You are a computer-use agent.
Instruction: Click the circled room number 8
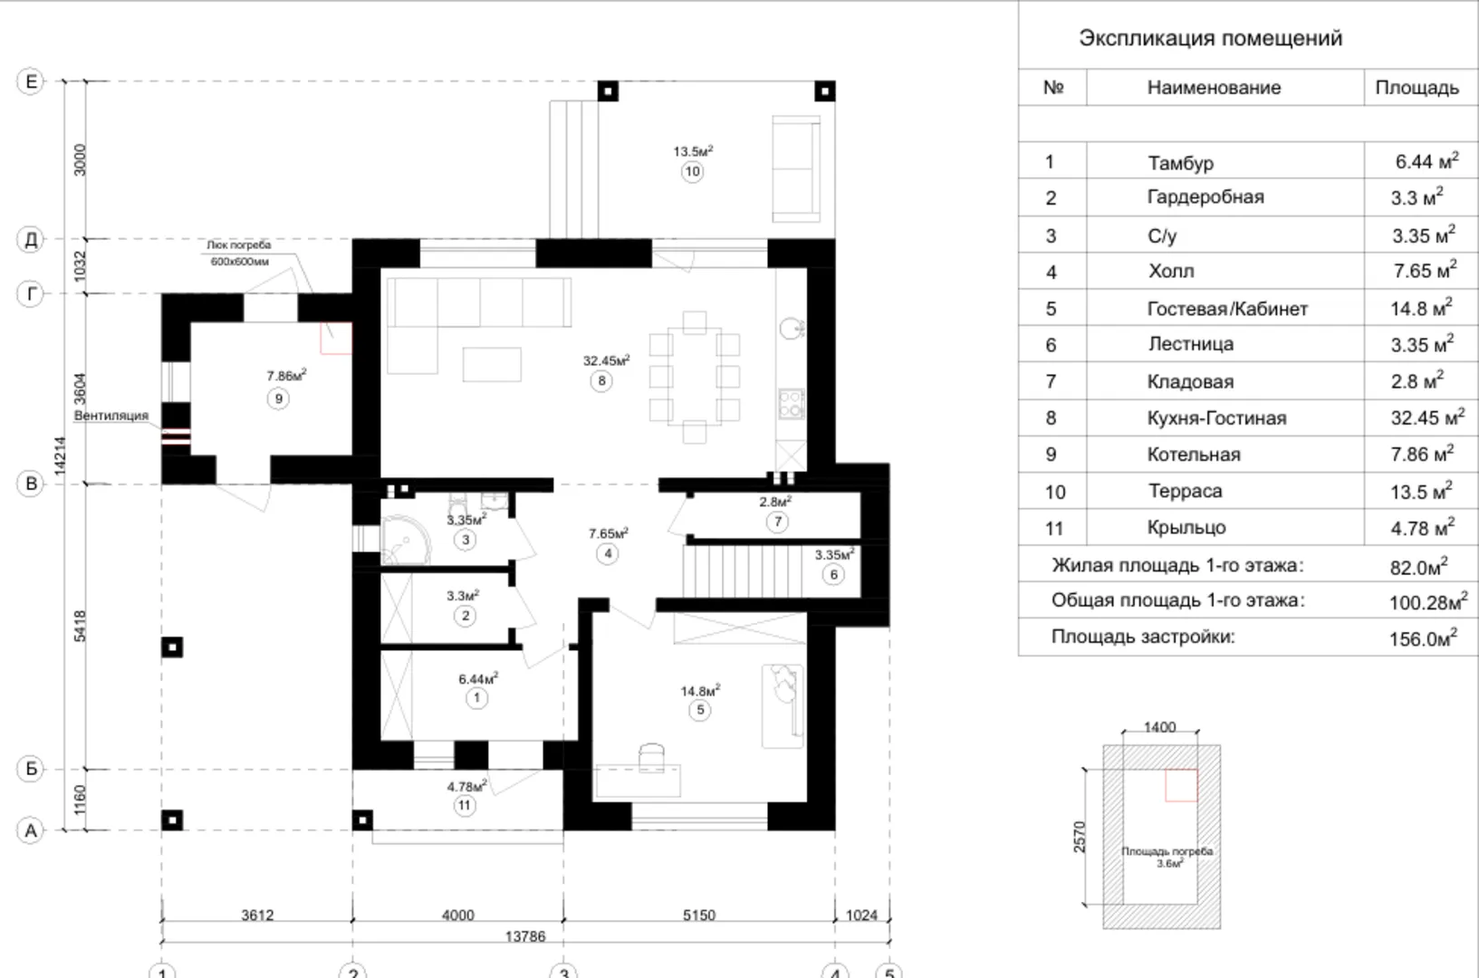pos(600,381)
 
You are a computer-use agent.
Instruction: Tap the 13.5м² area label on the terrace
pos(693,151)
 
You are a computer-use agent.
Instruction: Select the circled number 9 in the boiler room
pos(278,398)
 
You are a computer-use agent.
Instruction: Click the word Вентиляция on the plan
pos(110,416)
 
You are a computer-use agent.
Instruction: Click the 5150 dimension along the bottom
pos(698,916)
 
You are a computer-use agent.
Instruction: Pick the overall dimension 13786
pos(525,936)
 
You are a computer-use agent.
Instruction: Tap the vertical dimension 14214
pos(60,455)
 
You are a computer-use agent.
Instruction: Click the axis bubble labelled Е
pos(31,81)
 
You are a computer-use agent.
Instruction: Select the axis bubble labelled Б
pos(31,769)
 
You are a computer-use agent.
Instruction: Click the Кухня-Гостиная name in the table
pos(1216,418)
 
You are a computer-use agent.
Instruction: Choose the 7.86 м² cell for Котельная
pos(1422,454)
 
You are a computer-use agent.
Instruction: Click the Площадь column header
pos(1417,88)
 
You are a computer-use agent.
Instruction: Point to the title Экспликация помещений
pos(1210,38)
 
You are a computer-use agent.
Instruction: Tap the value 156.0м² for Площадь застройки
pos(1423,638)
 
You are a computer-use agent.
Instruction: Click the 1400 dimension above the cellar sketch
pos(1159,727)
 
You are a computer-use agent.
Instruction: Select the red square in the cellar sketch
pos(1181,785)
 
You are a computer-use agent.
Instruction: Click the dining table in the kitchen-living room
pos(694,377)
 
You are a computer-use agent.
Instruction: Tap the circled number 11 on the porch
pos(464,806)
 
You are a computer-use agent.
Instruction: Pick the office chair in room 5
pos(652,757)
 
